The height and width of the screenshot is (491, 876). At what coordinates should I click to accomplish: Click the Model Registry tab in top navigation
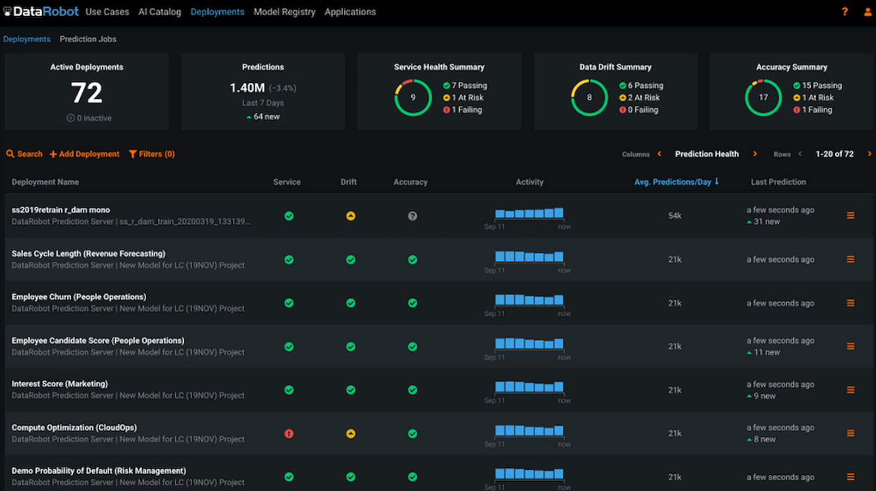(x=284, y=12)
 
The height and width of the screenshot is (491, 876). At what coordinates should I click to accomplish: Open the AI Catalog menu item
(x=159, y=12)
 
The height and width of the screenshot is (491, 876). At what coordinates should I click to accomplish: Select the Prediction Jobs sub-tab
(x=88, y=39)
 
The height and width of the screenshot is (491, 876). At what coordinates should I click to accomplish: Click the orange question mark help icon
(x=845, y=12)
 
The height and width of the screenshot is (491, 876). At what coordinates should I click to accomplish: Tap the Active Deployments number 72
(x=86, y=93)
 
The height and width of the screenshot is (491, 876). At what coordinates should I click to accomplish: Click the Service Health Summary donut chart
(x=413, y=97)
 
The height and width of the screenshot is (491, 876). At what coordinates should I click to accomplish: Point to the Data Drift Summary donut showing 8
(x=589, y=97)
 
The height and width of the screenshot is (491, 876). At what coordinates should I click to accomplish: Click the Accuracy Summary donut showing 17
(x=763, y=97)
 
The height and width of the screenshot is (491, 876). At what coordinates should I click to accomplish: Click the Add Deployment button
(x=85, y=154)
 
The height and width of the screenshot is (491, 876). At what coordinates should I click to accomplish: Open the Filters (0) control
(x=152, y=154)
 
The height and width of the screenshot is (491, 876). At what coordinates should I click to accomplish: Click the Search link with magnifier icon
(x=24, y=154)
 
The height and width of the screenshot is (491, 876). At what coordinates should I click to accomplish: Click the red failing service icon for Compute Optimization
(x=289, y=434)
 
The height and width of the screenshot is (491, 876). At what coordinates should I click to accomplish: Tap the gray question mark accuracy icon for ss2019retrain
(x=412, y=216)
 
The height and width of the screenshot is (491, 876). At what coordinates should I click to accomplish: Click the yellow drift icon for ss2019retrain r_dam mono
(x=351, y=216)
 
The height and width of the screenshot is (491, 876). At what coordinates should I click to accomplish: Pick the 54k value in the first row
(x=675, y=216)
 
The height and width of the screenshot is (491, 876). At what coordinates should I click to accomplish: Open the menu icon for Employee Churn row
(x=850, y=303)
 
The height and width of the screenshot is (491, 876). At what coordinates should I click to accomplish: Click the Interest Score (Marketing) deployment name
(x=60, y=384)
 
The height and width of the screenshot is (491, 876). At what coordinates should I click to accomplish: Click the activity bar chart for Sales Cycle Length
(x=529, y=257)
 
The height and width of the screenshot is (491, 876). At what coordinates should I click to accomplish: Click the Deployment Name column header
(x=45, y=182)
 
